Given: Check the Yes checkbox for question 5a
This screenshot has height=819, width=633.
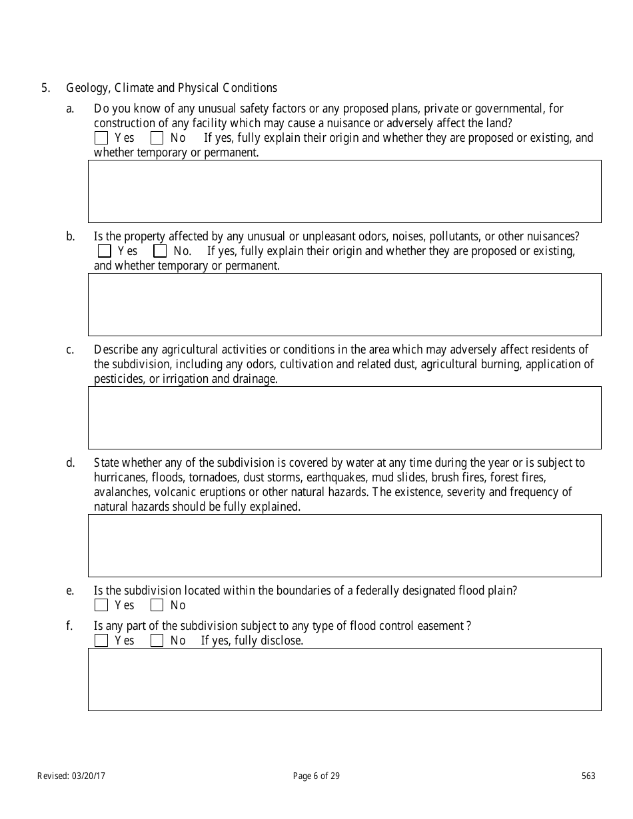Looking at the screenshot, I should click(101, 138).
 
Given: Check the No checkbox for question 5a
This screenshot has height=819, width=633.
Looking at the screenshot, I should click(157, 138).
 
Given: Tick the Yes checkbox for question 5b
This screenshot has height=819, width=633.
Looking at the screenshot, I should click(104, 252).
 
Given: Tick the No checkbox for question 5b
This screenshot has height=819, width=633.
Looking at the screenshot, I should click(160, 252).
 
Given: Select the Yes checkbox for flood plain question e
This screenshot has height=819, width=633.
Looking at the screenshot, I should click(101, 605).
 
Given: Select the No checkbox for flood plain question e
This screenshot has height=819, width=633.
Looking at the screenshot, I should click(157, 605).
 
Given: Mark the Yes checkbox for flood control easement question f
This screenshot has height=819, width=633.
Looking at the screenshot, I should click(101, 641).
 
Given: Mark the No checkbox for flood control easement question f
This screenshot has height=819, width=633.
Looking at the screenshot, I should click(157, 641).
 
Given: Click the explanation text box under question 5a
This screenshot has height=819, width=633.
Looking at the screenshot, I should click(344, 191).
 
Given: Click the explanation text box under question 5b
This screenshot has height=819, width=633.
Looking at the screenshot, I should click(344, 304).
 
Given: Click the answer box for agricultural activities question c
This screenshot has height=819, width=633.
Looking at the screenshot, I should click(344, 417).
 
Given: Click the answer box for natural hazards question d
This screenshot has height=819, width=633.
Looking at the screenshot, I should click(344, 545).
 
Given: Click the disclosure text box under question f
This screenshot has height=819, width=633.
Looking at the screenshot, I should click(344, 679).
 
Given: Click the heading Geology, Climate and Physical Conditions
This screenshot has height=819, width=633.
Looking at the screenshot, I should click(172, 88).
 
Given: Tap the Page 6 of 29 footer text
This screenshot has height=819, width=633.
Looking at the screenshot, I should click(316, 776).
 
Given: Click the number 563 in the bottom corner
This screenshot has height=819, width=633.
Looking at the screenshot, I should click(588, 776).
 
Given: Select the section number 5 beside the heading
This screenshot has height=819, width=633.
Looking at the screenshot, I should click(45, 88).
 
